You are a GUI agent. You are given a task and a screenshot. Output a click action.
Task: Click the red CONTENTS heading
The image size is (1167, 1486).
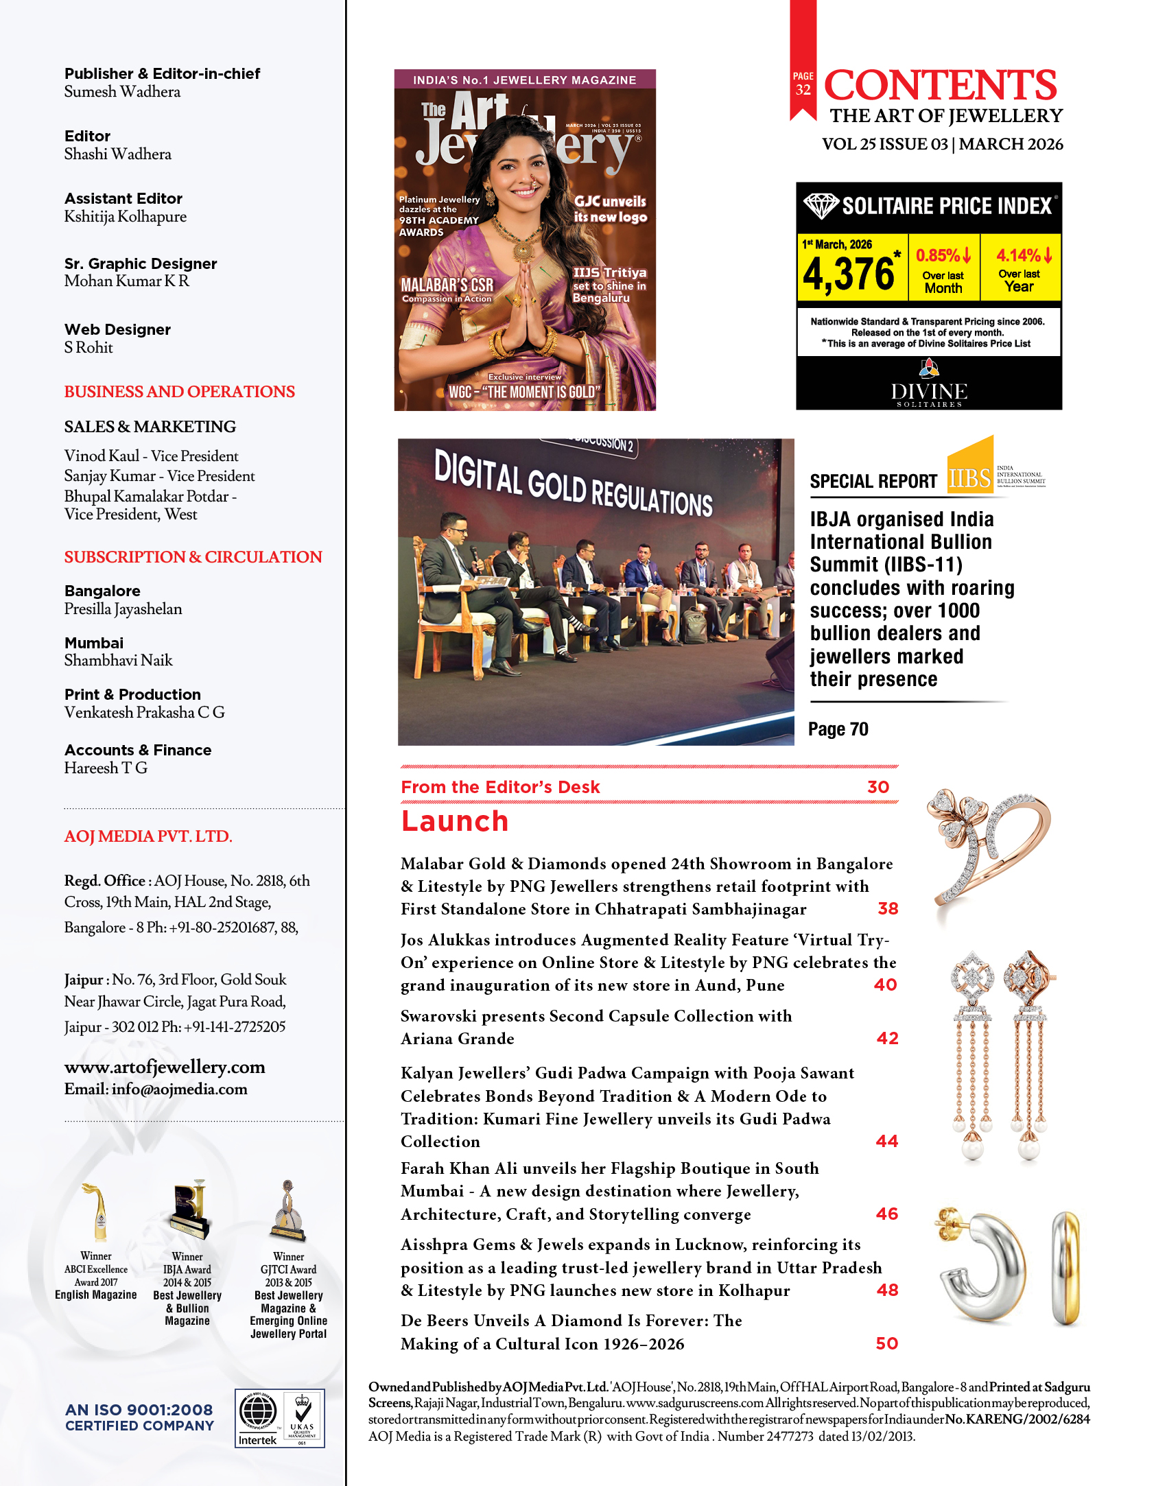[x=940, y=85]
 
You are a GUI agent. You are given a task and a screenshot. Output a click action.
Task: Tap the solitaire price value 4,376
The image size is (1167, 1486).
[x=849, y=274]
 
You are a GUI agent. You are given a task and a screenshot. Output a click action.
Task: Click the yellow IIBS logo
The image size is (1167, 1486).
[x=970, y=467]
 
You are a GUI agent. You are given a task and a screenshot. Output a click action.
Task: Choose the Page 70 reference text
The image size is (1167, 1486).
[x=838, y=729]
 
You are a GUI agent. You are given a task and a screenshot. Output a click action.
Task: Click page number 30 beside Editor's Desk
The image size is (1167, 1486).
[x=877, y=787]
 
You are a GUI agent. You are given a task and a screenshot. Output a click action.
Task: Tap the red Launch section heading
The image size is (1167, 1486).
[x=454, y=821]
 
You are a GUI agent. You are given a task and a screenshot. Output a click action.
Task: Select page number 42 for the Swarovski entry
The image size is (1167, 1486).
[x=887, y=1038]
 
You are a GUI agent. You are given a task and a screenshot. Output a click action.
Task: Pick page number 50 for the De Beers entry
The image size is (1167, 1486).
[x=886, y=1343]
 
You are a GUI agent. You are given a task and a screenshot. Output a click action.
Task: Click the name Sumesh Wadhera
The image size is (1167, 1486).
[x=122, y=92]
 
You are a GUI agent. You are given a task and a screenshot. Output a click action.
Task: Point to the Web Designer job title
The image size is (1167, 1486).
[x=117, y=329]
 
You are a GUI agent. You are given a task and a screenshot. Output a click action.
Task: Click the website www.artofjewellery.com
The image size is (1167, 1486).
[x=165, y=1067]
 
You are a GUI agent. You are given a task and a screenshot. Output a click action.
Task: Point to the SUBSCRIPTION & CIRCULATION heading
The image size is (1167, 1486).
[x=193, y=556]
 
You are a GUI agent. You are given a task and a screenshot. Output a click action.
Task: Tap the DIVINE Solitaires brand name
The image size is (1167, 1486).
[x=929, y=392]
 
